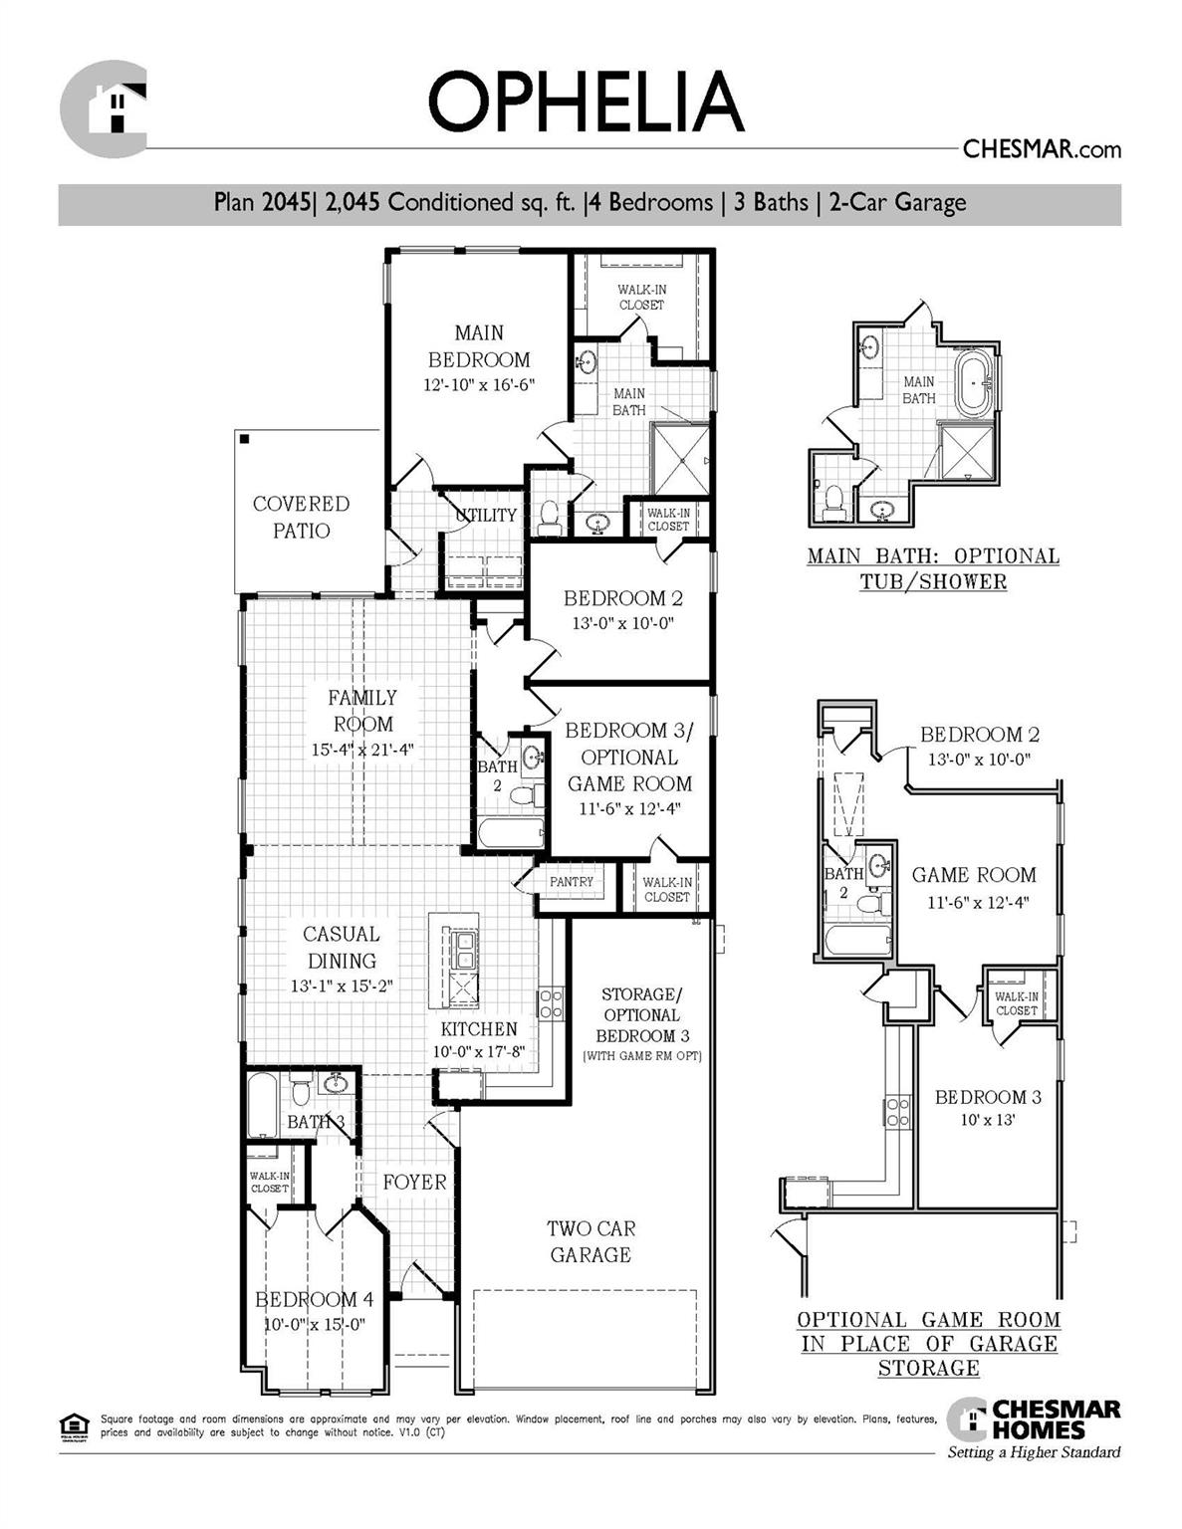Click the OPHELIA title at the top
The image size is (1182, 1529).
click(x=586, y=102)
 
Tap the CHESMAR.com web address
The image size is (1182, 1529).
click(x=1042, y=149)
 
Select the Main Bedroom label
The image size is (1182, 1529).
click(x=479, y=346)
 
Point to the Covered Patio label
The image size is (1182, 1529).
click(x=301, y=517)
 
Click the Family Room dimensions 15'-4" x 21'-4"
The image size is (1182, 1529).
click(x=362, y=750)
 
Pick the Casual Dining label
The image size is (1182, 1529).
click(x=341, y=947)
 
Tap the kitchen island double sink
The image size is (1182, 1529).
click(x=462, y=951)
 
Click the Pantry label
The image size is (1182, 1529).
click(x=571, y=882)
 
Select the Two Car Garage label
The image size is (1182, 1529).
click(x=591, y=1241)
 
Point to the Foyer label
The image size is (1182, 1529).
click(x=414, y=1182)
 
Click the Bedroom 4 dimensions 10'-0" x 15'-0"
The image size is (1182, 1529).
click(x=315, y=1325)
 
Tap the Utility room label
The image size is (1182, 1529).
click(x=486, y=515)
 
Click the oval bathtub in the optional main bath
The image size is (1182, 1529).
click(x=974, y=381)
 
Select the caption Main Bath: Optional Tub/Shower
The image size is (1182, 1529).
click(x=933, y=568)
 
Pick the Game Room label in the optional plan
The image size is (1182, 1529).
click(x=974, y=875)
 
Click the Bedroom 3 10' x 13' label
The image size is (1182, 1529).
click(x=987, y=1107)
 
